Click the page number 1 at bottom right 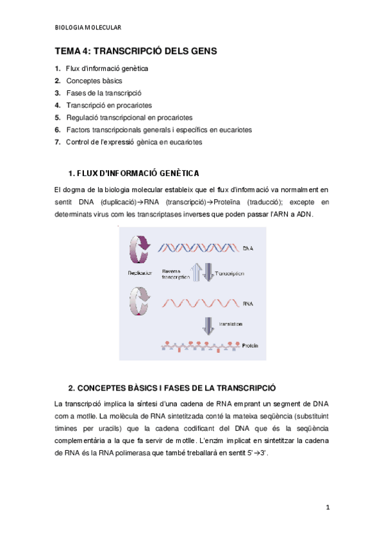(327, 508)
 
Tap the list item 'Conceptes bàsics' (94, 81)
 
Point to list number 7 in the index (58, 142)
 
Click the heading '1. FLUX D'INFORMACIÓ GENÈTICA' (133, 174)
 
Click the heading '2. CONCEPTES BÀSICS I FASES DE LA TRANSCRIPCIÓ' (172, 387)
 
